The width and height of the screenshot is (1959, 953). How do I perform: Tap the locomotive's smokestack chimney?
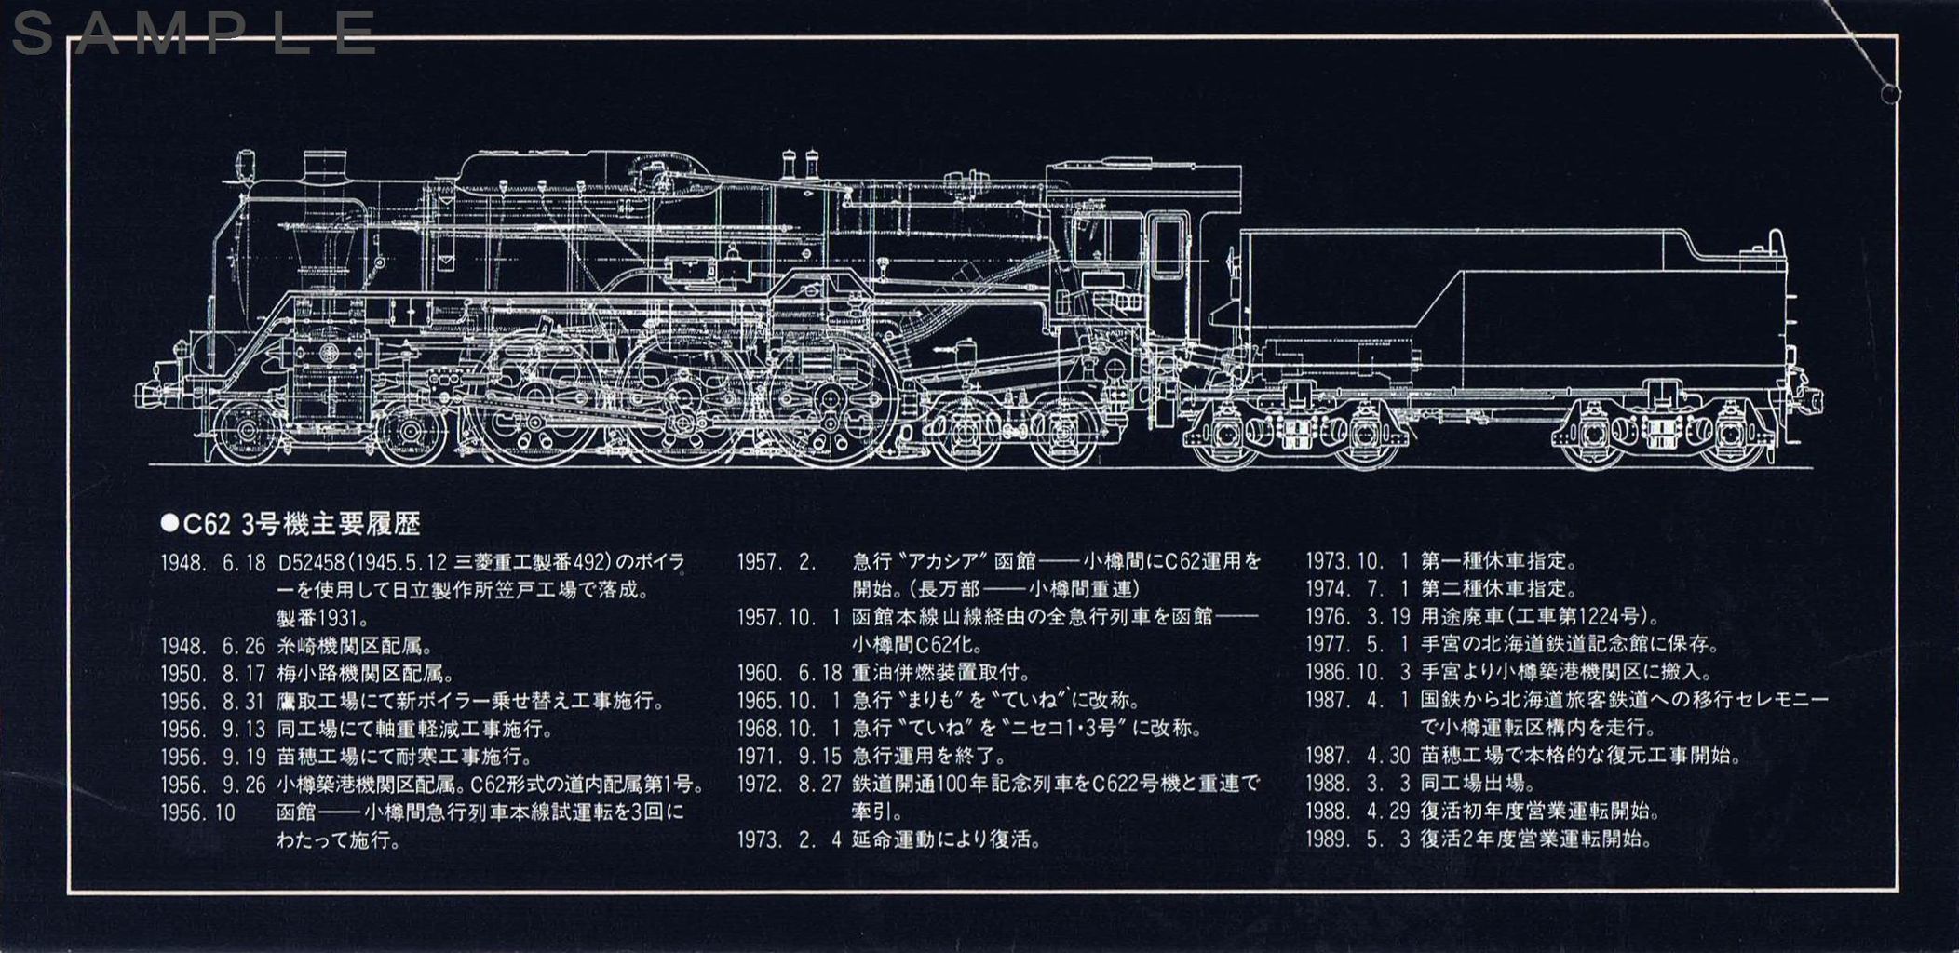click(x=325, y=168)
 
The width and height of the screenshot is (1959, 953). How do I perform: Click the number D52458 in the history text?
click(x=313, y=563)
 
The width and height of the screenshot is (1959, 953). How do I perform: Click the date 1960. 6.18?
click(x=790, y=673)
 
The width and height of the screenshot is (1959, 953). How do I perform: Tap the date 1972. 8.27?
click(x=790, y=784)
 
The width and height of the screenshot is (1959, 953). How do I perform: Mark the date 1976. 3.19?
click(x=1358, y=616)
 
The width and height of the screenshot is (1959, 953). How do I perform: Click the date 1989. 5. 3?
click(x=1358, y=839)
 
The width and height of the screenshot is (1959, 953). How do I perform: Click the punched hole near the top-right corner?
click(x=1891, y=93)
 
